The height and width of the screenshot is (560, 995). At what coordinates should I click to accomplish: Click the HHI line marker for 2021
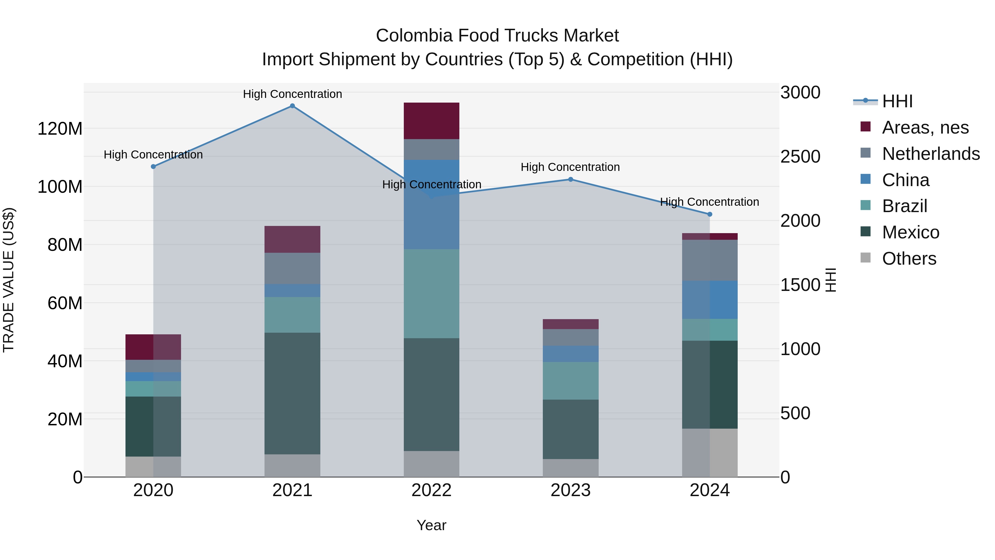coord(292,106)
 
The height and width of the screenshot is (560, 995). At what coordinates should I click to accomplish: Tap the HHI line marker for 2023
coord(570,179)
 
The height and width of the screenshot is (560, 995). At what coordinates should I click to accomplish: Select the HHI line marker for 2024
coord(709,214)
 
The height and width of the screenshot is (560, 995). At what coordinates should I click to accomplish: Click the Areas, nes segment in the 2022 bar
coord(431,121)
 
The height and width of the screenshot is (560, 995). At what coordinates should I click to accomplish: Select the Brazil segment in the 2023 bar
coord(570,381)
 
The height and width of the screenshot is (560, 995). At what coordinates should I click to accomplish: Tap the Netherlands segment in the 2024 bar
coord(709,260)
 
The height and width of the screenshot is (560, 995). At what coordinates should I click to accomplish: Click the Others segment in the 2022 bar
coord(431,464)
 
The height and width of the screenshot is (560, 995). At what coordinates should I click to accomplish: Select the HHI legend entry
coord(897,101)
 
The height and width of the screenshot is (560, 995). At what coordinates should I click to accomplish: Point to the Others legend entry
coord(908,259)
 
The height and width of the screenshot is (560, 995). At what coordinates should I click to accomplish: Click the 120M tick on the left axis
coord(60,128)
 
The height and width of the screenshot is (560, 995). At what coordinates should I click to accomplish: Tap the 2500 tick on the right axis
coord(800,157)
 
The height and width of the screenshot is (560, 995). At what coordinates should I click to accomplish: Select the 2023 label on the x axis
coord(570,490)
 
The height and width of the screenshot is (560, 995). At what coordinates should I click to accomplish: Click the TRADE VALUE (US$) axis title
coord(9,280)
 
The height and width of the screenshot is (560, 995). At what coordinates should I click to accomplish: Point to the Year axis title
coord(431,525)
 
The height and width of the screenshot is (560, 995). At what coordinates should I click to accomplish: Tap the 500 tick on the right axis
coord(795,413)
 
